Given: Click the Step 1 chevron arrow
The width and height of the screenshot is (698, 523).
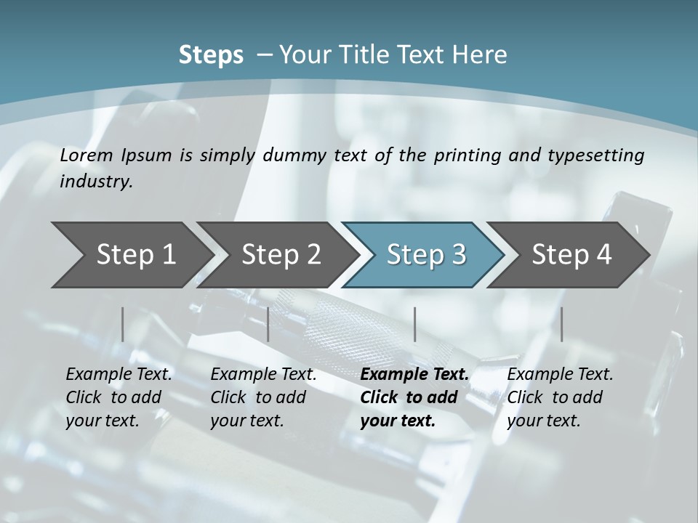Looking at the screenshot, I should pos(135,255).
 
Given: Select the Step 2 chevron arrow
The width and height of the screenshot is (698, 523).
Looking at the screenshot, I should pos(281,255).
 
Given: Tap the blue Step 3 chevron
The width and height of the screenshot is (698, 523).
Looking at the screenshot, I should pos(426,255).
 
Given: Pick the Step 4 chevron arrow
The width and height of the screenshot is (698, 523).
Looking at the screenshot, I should pos(571,255).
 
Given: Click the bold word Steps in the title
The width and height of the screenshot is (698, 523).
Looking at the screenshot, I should pos(211,54).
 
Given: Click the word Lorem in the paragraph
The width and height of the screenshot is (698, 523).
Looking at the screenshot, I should pos(86,155).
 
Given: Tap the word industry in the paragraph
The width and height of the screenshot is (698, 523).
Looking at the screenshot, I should pos(95,181).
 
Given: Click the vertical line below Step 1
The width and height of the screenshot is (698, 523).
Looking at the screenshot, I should pos(122,324).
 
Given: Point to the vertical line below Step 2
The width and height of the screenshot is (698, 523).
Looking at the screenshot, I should pos(268,324).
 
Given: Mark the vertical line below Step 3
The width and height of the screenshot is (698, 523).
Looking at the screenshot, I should pos(414,324).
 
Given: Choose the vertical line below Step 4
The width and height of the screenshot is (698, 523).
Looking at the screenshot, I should pos(561,324).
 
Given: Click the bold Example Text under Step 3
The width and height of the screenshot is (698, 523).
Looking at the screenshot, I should pos(414,375).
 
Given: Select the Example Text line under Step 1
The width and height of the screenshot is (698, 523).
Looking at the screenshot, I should pos(119,375).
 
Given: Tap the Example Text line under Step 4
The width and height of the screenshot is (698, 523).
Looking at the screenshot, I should pos(560,375).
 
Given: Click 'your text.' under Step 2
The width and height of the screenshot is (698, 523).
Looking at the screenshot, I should pos(246,421).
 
